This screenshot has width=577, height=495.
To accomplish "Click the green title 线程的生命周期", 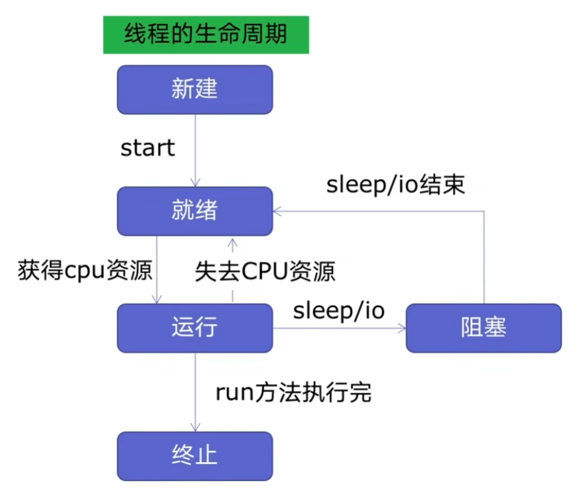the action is coord(206,35).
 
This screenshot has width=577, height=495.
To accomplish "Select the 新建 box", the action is coord(195,90).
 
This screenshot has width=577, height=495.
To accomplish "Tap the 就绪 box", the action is coord(195,211).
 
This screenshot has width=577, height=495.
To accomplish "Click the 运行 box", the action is coord(195,328).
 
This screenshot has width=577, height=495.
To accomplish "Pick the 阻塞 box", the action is coord(484,328).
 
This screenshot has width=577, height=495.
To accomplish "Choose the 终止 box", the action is coord(195,456).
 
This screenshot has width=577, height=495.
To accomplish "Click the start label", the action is coord(148,148).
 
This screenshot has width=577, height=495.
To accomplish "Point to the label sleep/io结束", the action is coord(395,184).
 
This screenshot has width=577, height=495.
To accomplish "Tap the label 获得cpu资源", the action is coord(85,270).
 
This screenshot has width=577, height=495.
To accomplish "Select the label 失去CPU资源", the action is coord(265,271).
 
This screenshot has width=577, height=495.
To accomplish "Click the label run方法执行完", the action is coord(293,392).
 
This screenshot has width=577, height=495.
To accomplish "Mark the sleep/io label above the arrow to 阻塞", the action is coord(339,310).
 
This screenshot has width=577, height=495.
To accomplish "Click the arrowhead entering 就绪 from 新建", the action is coord(195,183).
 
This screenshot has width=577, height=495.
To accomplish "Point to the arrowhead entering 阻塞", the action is coord(402,329).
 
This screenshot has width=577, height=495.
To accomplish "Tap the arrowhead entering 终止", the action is coord(195,428).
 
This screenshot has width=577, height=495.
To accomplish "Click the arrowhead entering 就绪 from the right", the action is coord(277,211).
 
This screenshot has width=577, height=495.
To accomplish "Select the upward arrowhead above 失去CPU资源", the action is coord(233,243).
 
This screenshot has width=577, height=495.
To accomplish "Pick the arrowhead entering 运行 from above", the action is coord(157,300).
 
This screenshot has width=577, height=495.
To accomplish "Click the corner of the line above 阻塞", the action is coord(484,211).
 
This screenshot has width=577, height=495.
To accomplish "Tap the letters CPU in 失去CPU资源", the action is coord(265,271).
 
